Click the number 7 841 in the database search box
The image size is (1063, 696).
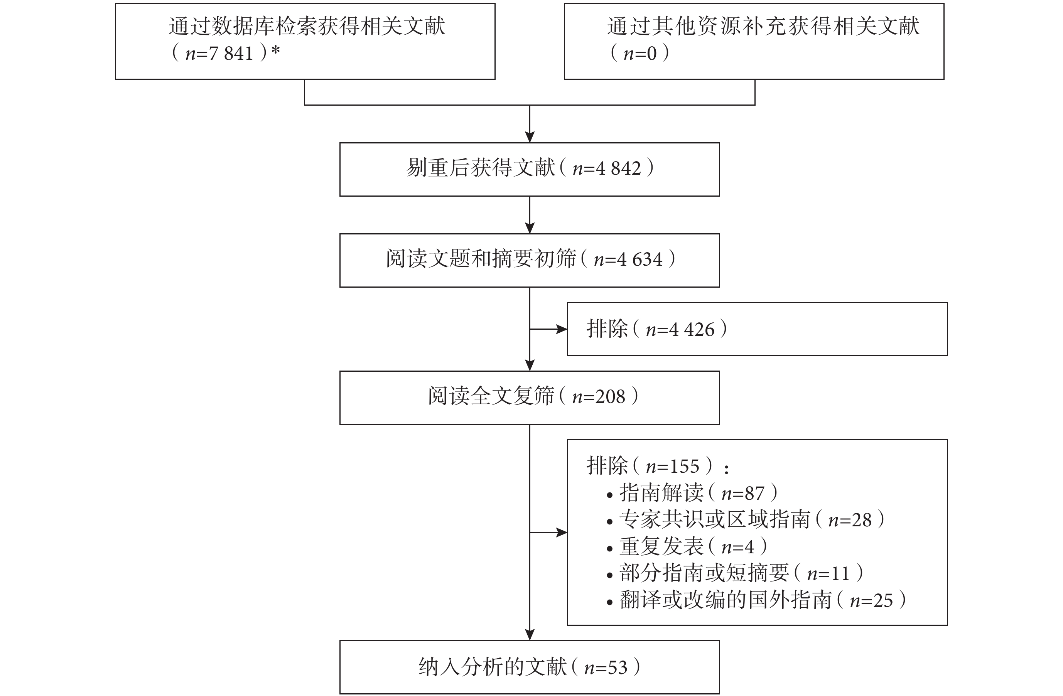click(x=231, y=54)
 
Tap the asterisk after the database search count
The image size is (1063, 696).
click(x=275, y=50)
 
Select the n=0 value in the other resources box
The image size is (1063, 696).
click(x=640, y=54)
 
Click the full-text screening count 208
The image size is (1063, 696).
click(x=610, y=397)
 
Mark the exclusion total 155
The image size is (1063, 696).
click(x=684, y=467)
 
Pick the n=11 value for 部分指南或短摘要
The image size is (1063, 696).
click(x=828, y=574)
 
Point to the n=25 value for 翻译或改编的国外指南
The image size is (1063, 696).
click(x=871, y=600)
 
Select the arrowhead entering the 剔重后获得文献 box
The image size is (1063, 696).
click(x=530, y=137)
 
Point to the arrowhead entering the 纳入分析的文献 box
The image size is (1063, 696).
click(x=530, y=635)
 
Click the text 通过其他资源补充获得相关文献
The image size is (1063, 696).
click(x=763, y=26)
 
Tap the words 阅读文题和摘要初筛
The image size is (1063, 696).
click(x=481, y=259)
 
